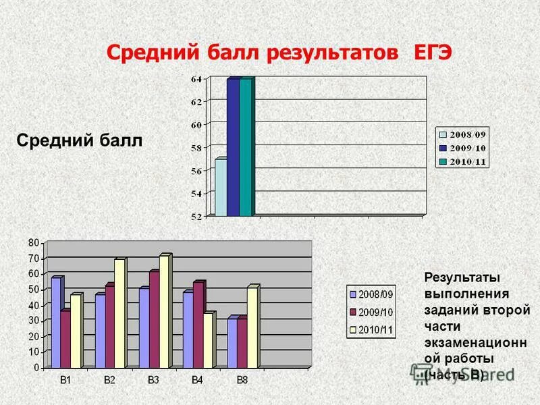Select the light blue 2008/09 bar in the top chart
[x=220, y=188]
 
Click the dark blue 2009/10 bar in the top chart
[x=233, y=148]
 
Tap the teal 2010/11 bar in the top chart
[x=246, y=148]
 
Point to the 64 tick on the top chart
[x=196, y=80]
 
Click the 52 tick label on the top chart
[x=196, y=217]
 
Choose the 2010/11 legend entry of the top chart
[x=468, y=161]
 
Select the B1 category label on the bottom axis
[x=65, y=381]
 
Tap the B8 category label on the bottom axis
[x=242, y=381]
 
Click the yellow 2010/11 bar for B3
[x=163, y=312]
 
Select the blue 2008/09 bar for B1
[x=55, y=323]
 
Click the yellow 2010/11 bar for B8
[x=252, y=328]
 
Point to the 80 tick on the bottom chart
[x=33, y=242]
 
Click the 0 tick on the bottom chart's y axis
[x=36, y=368]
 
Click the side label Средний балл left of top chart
[x=79, y=140]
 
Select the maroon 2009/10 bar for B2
[x=109, y=327]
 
